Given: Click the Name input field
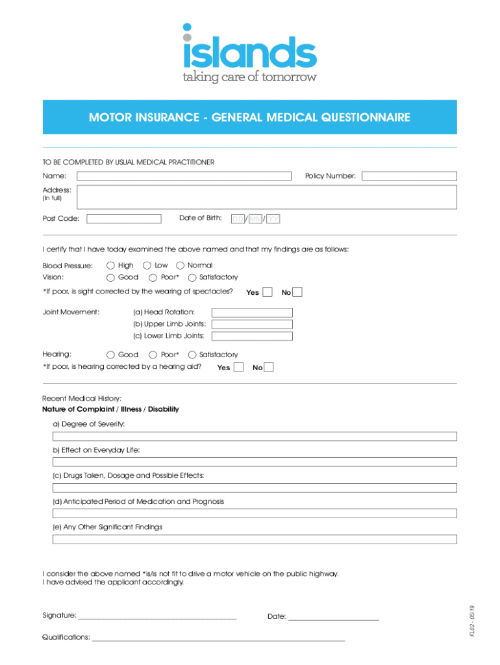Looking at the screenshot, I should pos(184,176).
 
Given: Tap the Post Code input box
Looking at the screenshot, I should pos(124,219).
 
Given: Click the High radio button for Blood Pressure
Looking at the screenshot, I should pos(111,265).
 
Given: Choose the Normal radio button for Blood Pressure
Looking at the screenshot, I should pos(180,265).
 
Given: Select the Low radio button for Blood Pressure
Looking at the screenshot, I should pos(147,265).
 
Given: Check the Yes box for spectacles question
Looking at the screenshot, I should pos(267,292).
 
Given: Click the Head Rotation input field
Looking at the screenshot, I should pos(252,312).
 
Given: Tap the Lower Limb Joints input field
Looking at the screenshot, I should pos(252,336).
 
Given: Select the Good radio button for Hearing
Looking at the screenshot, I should pos(111,355).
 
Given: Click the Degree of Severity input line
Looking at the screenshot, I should pos(255,436).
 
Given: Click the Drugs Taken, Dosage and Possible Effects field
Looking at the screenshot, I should pos(255,488).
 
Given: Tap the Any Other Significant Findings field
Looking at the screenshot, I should pos(255,539).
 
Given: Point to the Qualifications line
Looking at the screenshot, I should pos(218,639).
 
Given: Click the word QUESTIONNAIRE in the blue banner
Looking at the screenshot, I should pos(364,118).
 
